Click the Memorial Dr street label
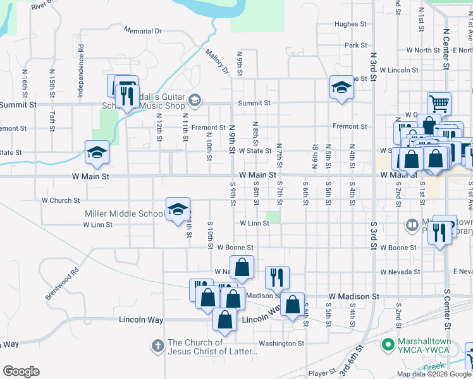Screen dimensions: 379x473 click(x=143, y=30)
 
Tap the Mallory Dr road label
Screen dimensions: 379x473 click(x=216, y=61)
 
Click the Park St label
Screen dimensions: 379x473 click(x=356, y=45)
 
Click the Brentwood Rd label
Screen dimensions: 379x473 click(x=61, y=285)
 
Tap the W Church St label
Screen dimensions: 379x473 click(x=61, y=200)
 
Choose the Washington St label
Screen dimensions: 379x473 click(x=281, y=344)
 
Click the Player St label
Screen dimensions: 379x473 click(x=321, y=373)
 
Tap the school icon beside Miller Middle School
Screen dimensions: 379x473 click(x=178, y=209)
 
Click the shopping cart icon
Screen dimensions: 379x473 click(x=439, y=103)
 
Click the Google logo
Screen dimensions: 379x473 click(x=21, y=371)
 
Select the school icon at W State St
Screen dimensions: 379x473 click(x=97, y=152)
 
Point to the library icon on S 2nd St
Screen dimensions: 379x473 click(x=412, y=224)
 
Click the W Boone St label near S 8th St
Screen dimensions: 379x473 click(x=236, y=248)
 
